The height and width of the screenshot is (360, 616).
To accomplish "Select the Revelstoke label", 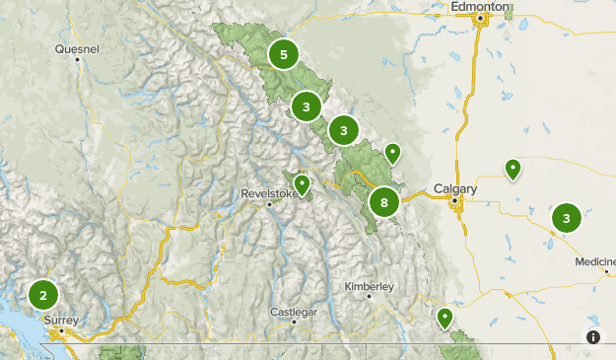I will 268,194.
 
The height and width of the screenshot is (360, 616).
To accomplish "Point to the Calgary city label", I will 455,188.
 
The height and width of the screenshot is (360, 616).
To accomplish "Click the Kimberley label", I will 370,286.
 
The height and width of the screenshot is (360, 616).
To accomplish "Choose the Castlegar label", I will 294,312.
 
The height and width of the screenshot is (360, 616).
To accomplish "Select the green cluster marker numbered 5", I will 284,54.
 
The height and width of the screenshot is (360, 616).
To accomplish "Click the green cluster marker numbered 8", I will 383,203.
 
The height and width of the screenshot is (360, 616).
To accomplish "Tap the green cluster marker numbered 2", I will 42,294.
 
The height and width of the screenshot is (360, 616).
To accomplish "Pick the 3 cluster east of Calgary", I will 566,218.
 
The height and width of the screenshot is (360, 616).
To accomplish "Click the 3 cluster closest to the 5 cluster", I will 307,106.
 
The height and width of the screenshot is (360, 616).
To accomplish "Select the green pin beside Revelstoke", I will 302,183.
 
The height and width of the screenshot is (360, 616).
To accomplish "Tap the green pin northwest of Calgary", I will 392,152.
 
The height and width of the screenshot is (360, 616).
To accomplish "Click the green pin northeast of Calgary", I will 513,169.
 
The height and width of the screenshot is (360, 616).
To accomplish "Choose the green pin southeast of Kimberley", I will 445,318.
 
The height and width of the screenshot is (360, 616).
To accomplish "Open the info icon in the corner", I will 593,337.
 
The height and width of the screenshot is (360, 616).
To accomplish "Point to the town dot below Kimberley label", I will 369,296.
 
